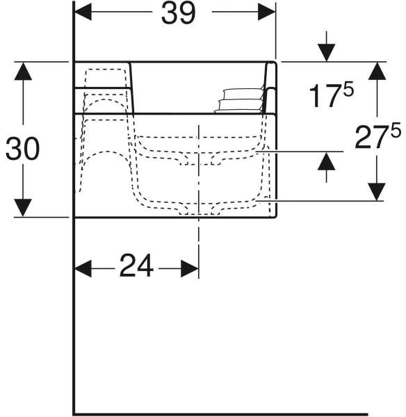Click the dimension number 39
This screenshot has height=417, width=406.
point(178,13)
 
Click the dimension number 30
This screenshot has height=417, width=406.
point(23,149)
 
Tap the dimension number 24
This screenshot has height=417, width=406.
point(136,265)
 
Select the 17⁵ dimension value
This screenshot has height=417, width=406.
point(331,95)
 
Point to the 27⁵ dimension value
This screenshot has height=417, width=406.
point(377,136)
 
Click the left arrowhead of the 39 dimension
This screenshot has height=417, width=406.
point(83,12)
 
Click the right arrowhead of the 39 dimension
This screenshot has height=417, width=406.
point(267,12)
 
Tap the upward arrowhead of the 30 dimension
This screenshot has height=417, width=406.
point(23,71)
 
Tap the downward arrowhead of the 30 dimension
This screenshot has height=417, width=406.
point(23,208)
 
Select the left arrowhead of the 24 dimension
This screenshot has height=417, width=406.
point(83,268)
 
